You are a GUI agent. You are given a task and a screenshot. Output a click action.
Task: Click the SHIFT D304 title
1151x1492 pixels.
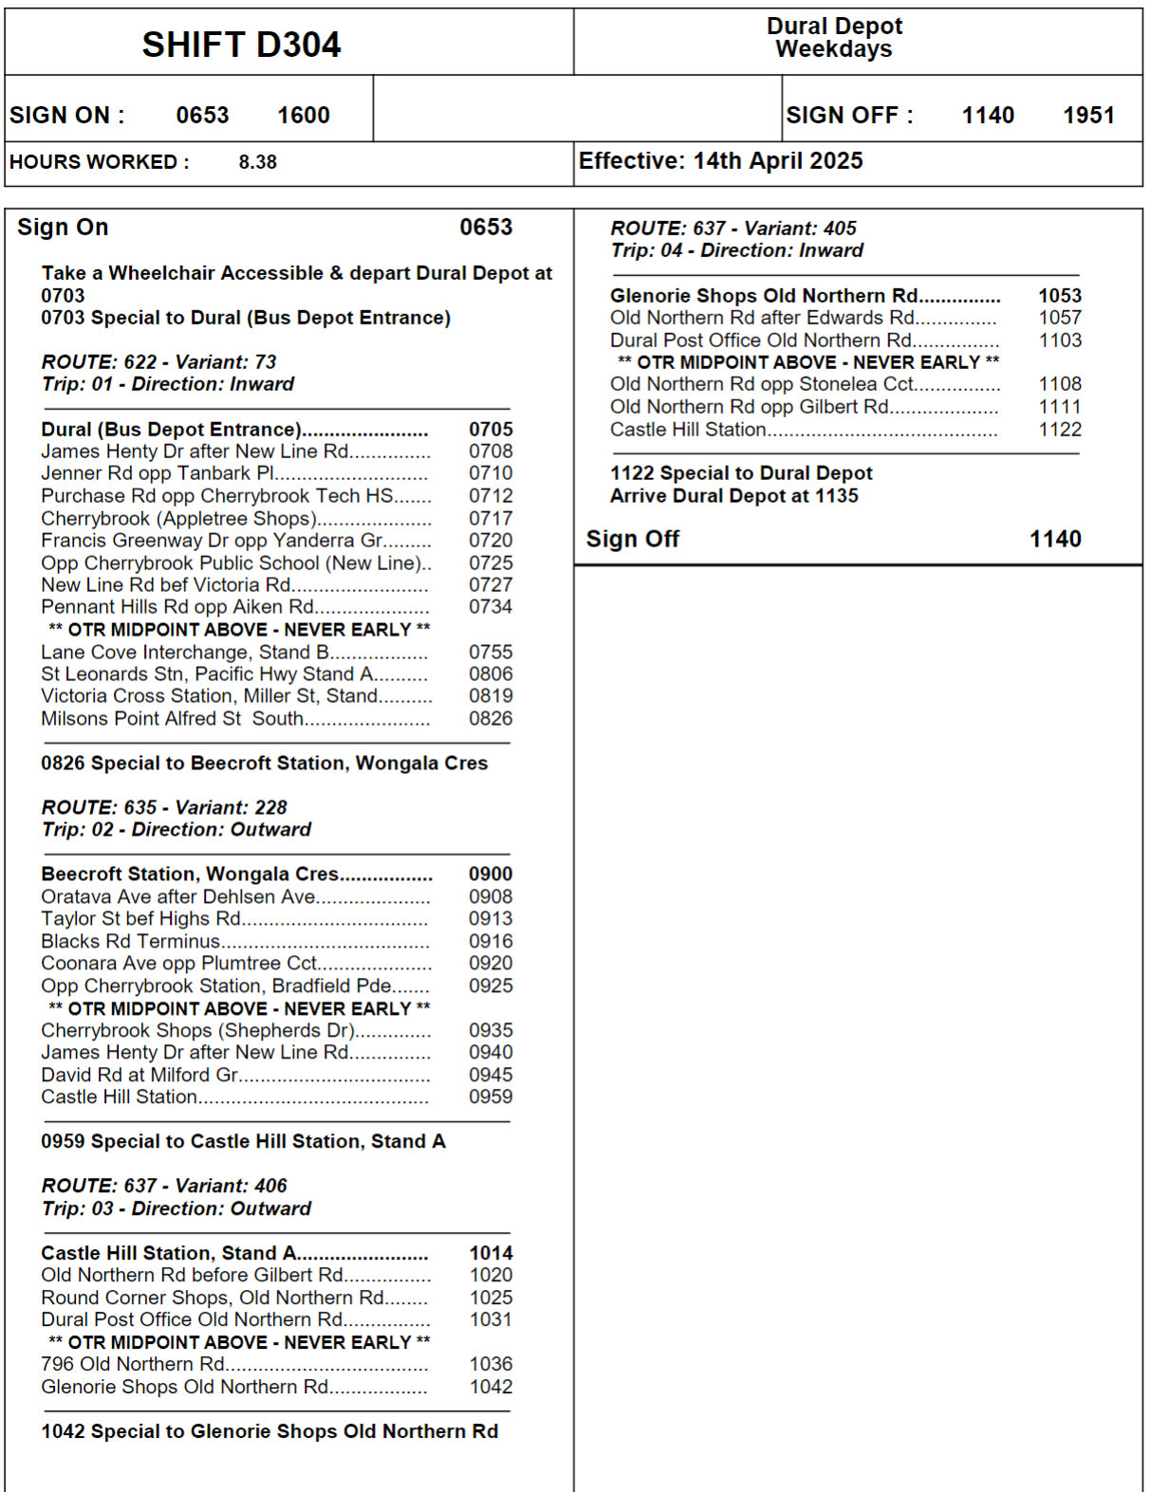pyautogui.click(x=241, y=45)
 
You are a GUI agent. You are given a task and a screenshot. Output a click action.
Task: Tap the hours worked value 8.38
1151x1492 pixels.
pyautogui.click(x=257, y=162)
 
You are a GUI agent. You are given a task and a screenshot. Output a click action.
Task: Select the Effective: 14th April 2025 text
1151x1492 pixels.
pyautogui.click(x=720, y=161)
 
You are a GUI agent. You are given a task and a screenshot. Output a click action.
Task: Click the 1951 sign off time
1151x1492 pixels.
pyautogui.click(x=1088, y=116)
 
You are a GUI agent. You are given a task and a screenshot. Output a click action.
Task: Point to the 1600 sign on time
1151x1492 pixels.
pyautogui.click(x=303, y=116)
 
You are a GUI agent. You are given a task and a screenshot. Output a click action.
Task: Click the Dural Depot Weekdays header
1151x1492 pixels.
pyautogui.click(x=834, y=38)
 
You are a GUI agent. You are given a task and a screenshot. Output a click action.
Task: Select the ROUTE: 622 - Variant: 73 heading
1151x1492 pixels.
pyautogui.click(x=158, y=362)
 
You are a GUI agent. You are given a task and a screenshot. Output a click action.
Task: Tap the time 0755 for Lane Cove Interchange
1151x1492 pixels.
pyautogui.click(x=491, y=653)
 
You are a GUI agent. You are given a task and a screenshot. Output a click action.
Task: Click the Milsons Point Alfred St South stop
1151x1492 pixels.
pyautogui.click(x=172, y=719)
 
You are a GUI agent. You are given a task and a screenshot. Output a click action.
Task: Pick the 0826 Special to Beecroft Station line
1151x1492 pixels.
pyautogui.click(x=264, y=764)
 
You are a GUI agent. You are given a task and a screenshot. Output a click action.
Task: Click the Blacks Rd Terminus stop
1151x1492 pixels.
pyautogui.click(x=130, y=942)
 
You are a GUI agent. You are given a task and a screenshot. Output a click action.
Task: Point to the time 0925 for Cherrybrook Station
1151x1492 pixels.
pyautogui.click(x=491, y=986)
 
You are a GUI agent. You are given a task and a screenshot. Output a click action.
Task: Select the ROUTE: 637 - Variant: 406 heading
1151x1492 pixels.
pyautogui.click(x=163, y=1187)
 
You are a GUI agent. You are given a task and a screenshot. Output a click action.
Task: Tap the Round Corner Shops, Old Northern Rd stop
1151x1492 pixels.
pyautogui.click(x=213, y=1299)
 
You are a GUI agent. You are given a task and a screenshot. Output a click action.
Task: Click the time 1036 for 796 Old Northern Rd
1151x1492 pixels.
pyautogui.click(x=491, y=1365)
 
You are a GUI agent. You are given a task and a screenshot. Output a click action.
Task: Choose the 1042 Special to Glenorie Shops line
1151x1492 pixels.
pyautogui.click(x=269, y=1432)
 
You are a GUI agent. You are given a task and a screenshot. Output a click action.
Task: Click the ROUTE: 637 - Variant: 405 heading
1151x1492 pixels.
pyautogui.click(x=733, y=229)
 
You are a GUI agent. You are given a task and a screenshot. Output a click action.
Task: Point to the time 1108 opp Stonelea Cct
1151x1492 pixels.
pyautogui.click(x=1060, y=384)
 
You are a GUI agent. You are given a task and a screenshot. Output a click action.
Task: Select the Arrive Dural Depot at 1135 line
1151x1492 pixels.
pyautogui.click(x=733, y=496)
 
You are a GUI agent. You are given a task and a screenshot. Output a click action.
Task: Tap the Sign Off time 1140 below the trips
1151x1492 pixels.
pyautogui.click(x=1055, y=540)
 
